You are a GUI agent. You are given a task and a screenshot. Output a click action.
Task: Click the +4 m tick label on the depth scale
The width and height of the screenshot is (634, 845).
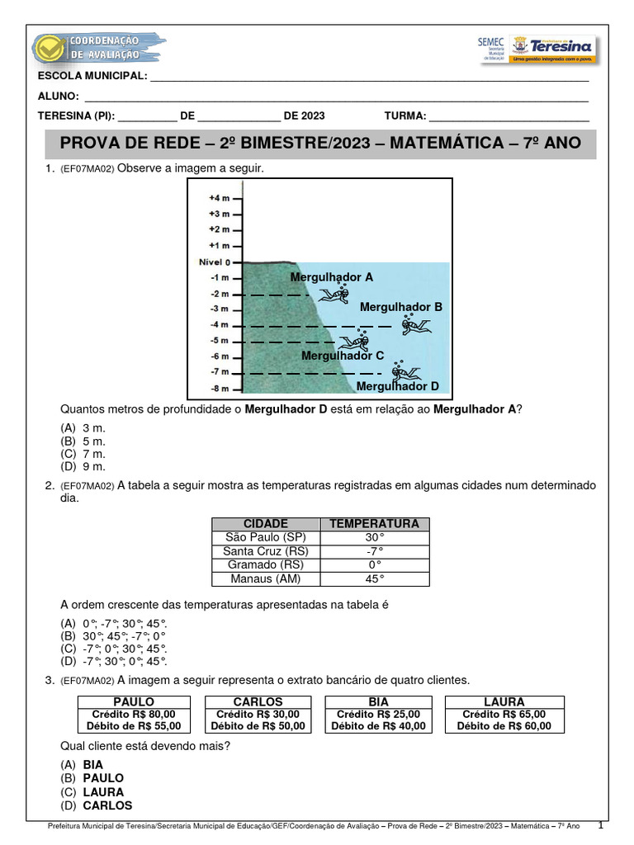[x=217, y=198]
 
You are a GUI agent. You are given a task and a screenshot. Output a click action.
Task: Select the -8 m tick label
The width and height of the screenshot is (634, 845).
[x=219, y=388]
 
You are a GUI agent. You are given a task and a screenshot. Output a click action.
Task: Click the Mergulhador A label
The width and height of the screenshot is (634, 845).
[x=331, y=277]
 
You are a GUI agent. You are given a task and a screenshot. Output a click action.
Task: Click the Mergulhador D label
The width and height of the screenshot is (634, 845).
[x=398, y=386]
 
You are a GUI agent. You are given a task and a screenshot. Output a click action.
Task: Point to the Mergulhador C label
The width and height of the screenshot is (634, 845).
[x=343, y=356]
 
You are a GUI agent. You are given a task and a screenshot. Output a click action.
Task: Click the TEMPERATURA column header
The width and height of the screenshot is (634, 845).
[x=374, y=524]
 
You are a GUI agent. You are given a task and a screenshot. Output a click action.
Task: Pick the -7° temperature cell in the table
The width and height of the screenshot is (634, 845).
[x=374, y=551]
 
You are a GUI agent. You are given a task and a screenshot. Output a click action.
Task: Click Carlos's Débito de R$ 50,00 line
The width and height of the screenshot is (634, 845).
[x=258, y=726]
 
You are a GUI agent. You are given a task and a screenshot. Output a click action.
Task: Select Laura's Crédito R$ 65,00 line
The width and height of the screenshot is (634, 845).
[x=504, y=714]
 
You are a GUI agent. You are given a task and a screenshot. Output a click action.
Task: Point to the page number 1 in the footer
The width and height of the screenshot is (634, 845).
[x=601, y=825]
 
